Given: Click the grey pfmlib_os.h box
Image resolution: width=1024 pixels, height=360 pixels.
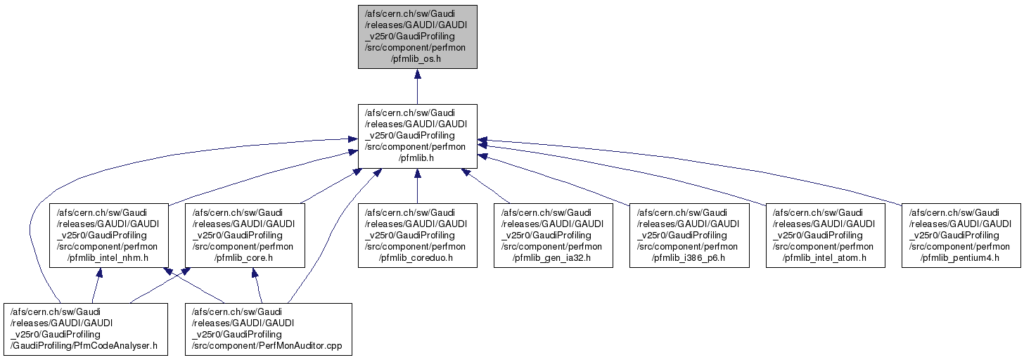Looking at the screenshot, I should click(417, 37).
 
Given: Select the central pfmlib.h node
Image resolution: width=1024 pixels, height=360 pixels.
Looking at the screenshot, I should click(417, 136).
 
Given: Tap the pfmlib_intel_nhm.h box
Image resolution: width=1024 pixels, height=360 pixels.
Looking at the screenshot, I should click(108, 235).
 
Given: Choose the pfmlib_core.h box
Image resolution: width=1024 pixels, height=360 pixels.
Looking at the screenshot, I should click(244, 235).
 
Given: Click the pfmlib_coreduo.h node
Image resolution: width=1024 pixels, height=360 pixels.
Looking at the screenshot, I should click(417, 235).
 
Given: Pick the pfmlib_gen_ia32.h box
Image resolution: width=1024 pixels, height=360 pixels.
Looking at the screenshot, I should click(553, 235).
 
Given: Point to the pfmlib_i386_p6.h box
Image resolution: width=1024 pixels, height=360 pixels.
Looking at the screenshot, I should click(689, 235).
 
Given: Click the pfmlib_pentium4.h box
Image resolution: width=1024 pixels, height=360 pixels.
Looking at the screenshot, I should click(961, 235).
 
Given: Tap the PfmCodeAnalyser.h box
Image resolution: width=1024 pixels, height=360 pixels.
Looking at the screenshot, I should click(86, 328).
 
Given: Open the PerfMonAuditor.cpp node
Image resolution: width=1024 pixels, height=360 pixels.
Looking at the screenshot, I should click(267, 328).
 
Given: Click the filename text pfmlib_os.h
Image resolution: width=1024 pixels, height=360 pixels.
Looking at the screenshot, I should click(417, 59).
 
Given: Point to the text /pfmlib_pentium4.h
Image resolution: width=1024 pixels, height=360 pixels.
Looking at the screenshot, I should click(961, 257).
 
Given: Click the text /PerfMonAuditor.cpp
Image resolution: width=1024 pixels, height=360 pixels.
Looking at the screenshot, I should click(267, 345).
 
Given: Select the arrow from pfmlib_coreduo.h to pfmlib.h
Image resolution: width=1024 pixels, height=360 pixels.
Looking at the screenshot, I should click(417, 186).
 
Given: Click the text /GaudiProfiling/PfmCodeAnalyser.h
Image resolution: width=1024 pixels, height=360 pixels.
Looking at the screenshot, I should click(86, 345).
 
